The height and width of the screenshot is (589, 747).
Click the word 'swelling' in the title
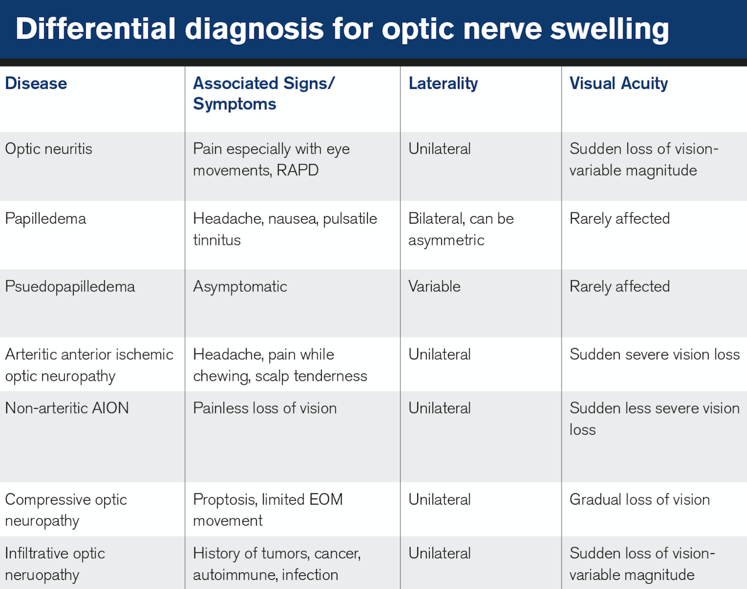click(609, 30)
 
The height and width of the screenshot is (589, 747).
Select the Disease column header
click(36, 83)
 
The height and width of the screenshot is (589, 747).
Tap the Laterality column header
click(443, 83)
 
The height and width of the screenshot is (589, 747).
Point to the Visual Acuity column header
click(618, 83)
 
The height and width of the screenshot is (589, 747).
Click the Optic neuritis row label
click(48, 149)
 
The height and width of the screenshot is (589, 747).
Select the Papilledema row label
click(45, 219)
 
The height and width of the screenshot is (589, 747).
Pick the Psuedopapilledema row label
click(70, 287)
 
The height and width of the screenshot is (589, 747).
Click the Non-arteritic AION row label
click(67, 408)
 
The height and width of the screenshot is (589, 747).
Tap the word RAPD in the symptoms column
click(297, 170)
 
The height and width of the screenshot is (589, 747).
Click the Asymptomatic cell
click(240, 287)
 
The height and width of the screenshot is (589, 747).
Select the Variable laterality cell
click(434, 287)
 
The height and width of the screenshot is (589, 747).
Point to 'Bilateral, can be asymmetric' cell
click(461, 229)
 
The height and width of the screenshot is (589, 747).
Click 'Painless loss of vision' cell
click(264, 408)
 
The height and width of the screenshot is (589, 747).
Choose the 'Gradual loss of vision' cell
click(639, 500)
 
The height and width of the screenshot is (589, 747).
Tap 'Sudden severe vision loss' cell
click(654, 355)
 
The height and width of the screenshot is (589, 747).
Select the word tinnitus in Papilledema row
click(216, 240)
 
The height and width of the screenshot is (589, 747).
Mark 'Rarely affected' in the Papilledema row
click(619, 219)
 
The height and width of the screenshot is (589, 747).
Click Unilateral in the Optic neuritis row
click(439, 149)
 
